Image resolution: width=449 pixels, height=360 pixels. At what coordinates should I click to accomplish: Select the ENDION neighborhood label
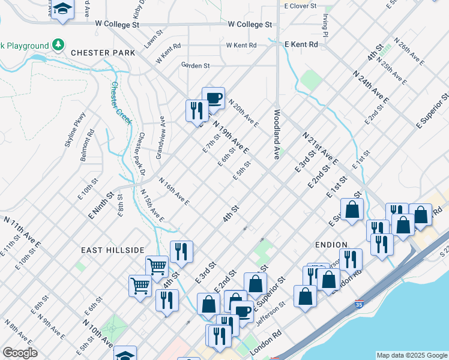(331, 245)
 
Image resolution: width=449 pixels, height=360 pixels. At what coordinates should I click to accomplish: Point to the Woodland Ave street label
(277, 134)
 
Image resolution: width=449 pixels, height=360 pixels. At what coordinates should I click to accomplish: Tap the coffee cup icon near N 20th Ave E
(212, 98)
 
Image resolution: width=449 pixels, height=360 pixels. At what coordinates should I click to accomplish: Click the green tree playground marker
(58, 44)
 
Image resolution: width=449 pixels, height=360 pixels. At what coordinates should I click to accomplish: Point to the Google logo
(20, 353)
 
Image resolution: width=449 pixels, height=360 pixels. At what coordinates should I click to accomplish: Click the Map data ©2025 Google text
(412, 355)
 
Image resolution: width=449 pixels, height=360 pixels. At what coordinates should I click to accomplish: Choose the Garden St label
(195, 65)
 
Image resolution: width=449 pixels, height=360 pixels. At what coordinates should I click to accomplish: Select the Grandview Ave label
(160, 138)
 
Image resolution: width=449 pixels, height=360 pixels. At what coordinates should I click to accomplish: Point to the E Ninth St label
(101, 205)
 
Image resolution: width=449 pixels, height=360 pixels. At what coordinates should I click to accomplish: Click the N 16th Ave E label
(174, 191)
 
